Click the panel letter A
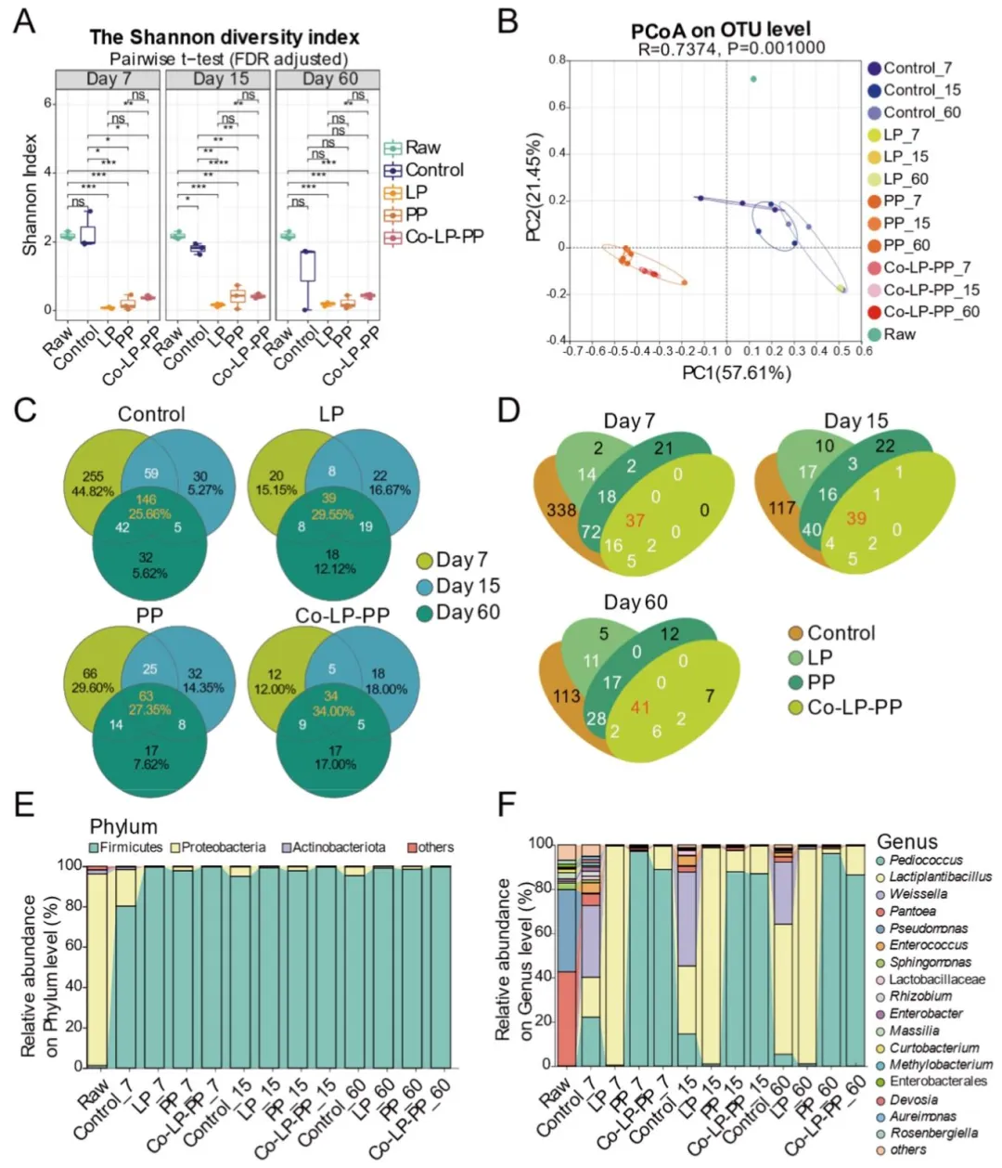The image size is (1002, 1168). tap(25, 19)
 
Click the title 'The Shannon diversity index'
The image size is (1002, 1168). tap(225, 37)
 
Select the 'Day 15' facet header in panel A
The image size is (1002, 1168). tap(220, 79)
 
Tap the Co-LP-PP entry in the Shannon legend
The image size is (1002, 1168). tap(433, 237)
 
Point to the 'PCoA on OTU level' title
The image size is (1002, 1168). tap(721, 30)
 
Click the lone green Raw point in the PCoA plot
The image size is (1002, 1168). tap(753, 79)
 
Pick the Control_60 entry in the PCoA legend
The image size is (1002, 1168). tap(921, 112)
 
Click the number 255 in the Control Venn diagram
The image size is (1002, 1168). tap(93, 476)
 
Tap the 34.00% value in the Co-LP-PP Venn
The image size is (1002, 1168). tap(331, 710)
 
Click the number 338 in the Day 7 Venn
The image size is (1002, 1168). tap(561, 510)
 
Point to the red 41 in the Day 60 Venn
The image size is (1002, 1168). tap(640, 707)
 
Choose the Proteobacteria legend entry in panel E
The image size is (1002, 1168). tap(223, 848)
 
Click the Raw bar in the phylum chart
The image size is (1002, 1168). tap(96, 966)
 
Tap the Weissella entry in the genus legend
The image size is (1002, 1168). tap(918, 893)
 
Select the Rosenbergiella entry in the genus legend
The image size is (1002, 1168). tap(933, 1133)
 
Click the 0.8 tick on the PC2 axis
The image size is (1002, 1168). tap(557, 60)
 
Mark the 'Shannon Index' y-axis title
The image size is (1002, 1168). tap(31, 195)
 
